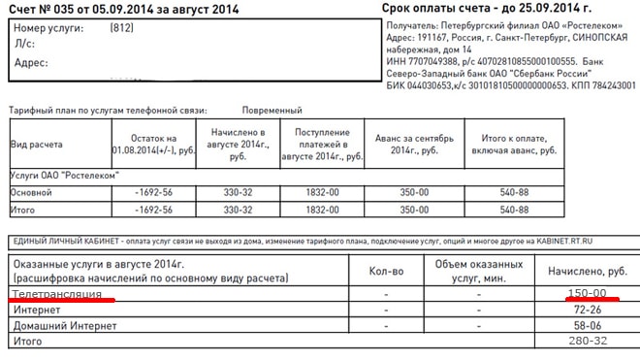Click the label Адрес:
(x=32, y=63)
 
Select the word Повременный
(x=272, y=112)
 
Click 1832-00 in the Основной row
(x=322, y=192)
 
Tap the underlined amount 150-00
(x=588, y=293)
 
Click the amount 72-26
(x=588, y=310)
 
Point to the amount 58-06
(x=588, y=326)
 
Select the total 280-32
(x=588, y=343)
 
